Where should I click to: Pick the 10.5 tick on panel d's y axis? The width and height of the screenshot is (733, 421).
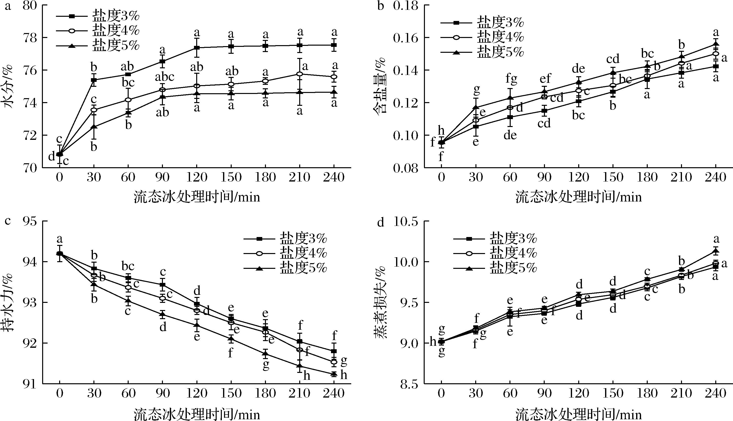406,222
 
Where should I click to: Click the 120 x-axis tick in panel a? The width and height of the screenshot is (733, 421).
197,177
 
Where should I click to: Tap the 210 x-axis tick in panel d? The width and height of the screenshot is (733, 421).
681,393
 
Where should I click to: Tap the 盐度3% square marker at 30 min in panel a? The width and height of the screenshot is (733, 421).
94,80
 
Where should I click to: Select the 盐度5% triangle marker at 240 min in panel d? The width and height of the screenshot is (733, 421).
716,251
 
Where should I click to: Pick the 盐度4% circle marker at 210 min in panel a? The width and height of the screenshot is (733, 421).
300,74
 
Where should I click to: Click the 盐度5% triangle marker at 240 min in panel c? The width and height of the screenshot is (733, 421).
334,374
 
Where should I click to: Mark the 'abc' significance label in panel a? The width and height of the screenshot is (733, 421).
165,77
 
